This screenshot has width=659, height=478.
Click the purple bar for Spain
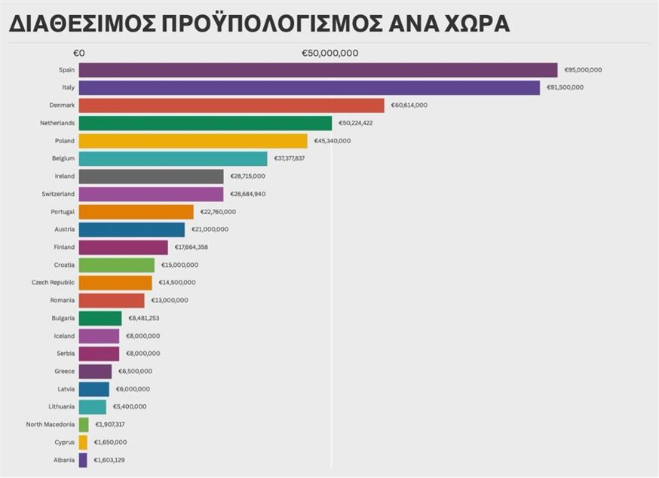pos(317,70)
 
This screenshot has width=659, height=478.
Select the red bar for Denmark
pos(231,106)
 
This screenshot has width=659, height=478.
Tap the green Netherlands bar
pos(205,123)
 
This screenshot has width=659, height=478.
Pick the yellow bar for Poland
pos(193,141)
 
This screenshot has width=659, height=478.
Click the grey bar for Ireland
pos(151,176)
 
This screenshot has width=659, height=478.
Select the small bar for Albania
pos(83,460)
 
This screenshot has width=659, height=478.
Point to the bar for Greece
pos(95,372)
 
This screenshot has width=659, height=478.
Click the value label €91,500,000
pos(565,88)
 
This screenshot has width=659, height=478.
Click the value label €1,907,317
pos(110,424)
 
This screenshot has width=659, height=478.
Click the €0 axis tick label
pos(78,54)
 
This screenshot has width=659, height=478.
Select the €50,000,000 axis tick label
pos(330,54)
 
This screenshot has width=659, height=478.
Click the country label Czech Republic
pos(53,283)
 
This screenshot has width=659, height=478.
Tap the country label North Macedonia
pos(50,424)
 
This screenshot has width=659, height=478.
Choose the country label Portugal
pos(63,212)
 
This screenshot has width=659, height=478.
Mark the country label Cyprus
pos(64,443)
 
